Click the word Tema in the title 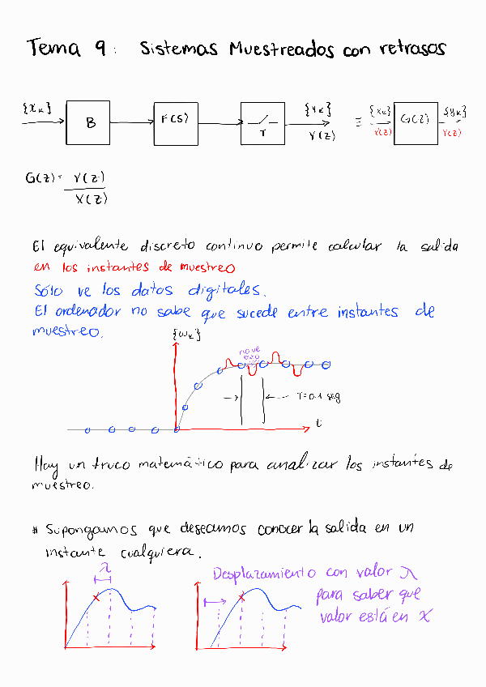click(53, 49)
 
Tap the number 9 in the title click(100, 49)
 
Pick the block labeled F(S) click(175, 123)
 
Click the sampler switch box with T click(262, 123)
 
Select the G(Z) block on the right click(415, 123)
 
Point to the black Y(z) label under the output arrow click(322, 136)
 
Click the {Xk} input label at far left click(37, 107)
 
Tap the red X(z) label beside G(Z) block click(382, 133)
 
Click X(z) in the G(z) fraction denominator click(91, 199)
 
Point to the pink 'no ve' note click(249, 351)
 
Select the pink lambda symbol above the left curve click(104, 572)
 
